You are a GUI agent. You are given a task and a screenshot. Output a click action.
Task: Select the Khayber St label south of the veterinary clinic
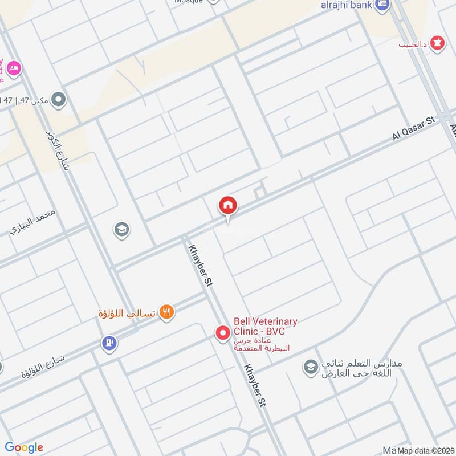(255, 386)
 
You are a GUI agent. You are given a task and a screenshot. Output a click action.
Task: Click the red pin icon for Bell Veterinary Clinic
(222, 332)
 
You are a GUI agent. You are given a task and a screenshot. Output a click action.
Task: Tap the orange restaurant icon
(166, 312)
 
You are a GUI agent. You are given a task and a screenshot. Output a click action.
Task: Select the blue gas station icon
(109, 343)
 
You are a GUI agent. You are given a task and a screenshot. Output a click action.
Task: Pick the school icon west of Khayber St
(121, 230)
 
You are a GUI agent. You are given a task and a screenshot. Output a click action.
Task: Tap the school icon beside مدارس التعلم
(311, 365)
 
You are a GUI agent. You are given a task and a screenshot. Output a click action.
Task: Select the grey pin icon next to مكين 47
(58, 101)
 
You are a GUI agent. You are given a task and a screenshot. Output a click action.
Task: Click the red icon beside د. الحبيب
(437, 43)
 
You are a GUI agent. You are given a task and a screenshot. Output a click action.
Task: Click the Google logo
(23, 447)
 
